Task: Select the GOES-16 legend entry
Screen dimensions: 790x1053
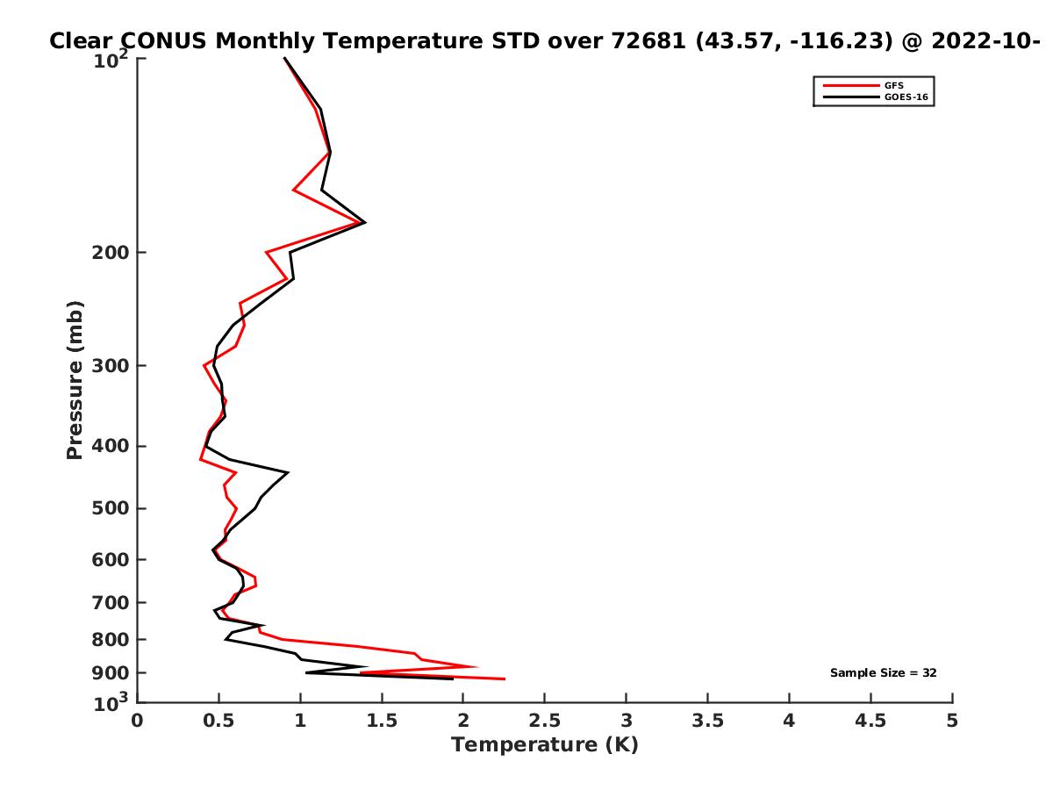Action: (x=904, y=97)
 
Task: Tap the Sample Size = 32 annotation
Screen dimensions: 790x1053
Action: (x=884, y=673)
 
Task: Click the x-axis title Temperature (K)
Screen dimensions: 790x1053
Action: (x=544, y=745)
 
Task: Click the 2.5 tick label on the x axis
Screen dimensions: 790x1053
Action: (x=545, y=722)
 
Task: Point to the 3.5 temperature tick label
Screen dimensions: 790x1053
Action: (x=708, y=722)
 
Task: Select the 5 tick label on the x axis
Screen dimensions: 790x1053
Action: (x=952, y=722)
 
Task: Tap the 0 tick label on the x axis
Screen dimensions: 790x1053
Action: (x=138, y=722)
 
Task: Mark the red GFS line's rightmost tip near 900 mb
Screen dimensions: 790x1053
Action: (x=505, y=679)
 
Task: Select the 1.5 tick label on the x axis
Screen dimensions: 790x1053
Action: (x=382, y=722)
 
